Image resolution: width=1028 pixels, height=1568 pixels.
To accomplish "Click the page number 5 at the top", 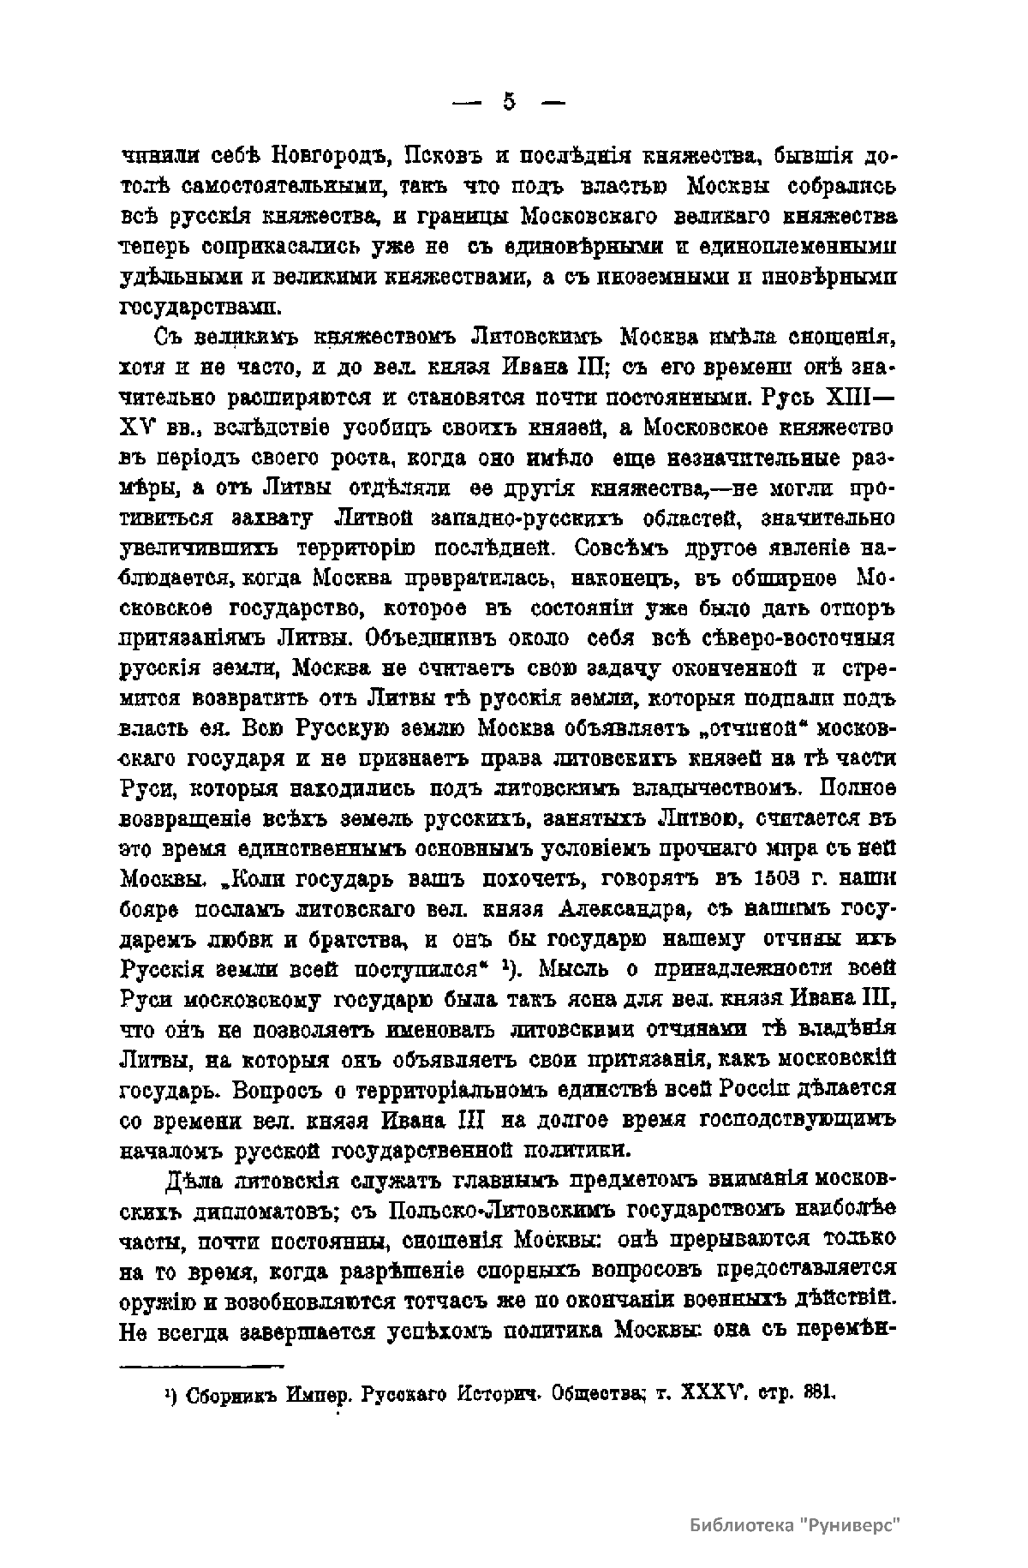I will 510,103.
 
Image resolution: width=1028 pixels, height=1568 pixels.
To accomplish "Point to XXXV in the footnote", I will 709,1392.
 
